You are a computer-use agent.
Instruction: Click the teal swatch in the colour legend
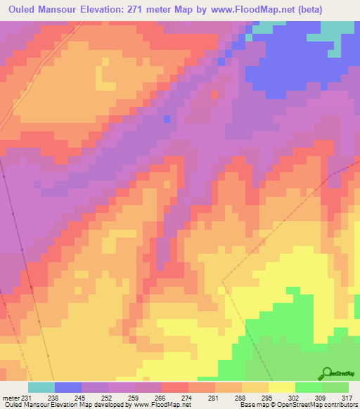pos(41,387)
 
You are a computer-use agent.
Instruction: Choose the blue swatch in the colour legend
pos(68,387)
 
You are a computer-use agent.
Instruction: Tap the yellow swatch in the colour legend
pos(281,387)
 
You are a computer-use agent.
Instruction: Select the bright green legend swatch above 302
pos(308,387)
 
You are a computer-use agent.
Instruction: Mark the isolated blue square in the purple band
pos(167,119)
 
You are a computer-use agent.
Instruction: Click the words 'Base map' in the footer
pos(252,405)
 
